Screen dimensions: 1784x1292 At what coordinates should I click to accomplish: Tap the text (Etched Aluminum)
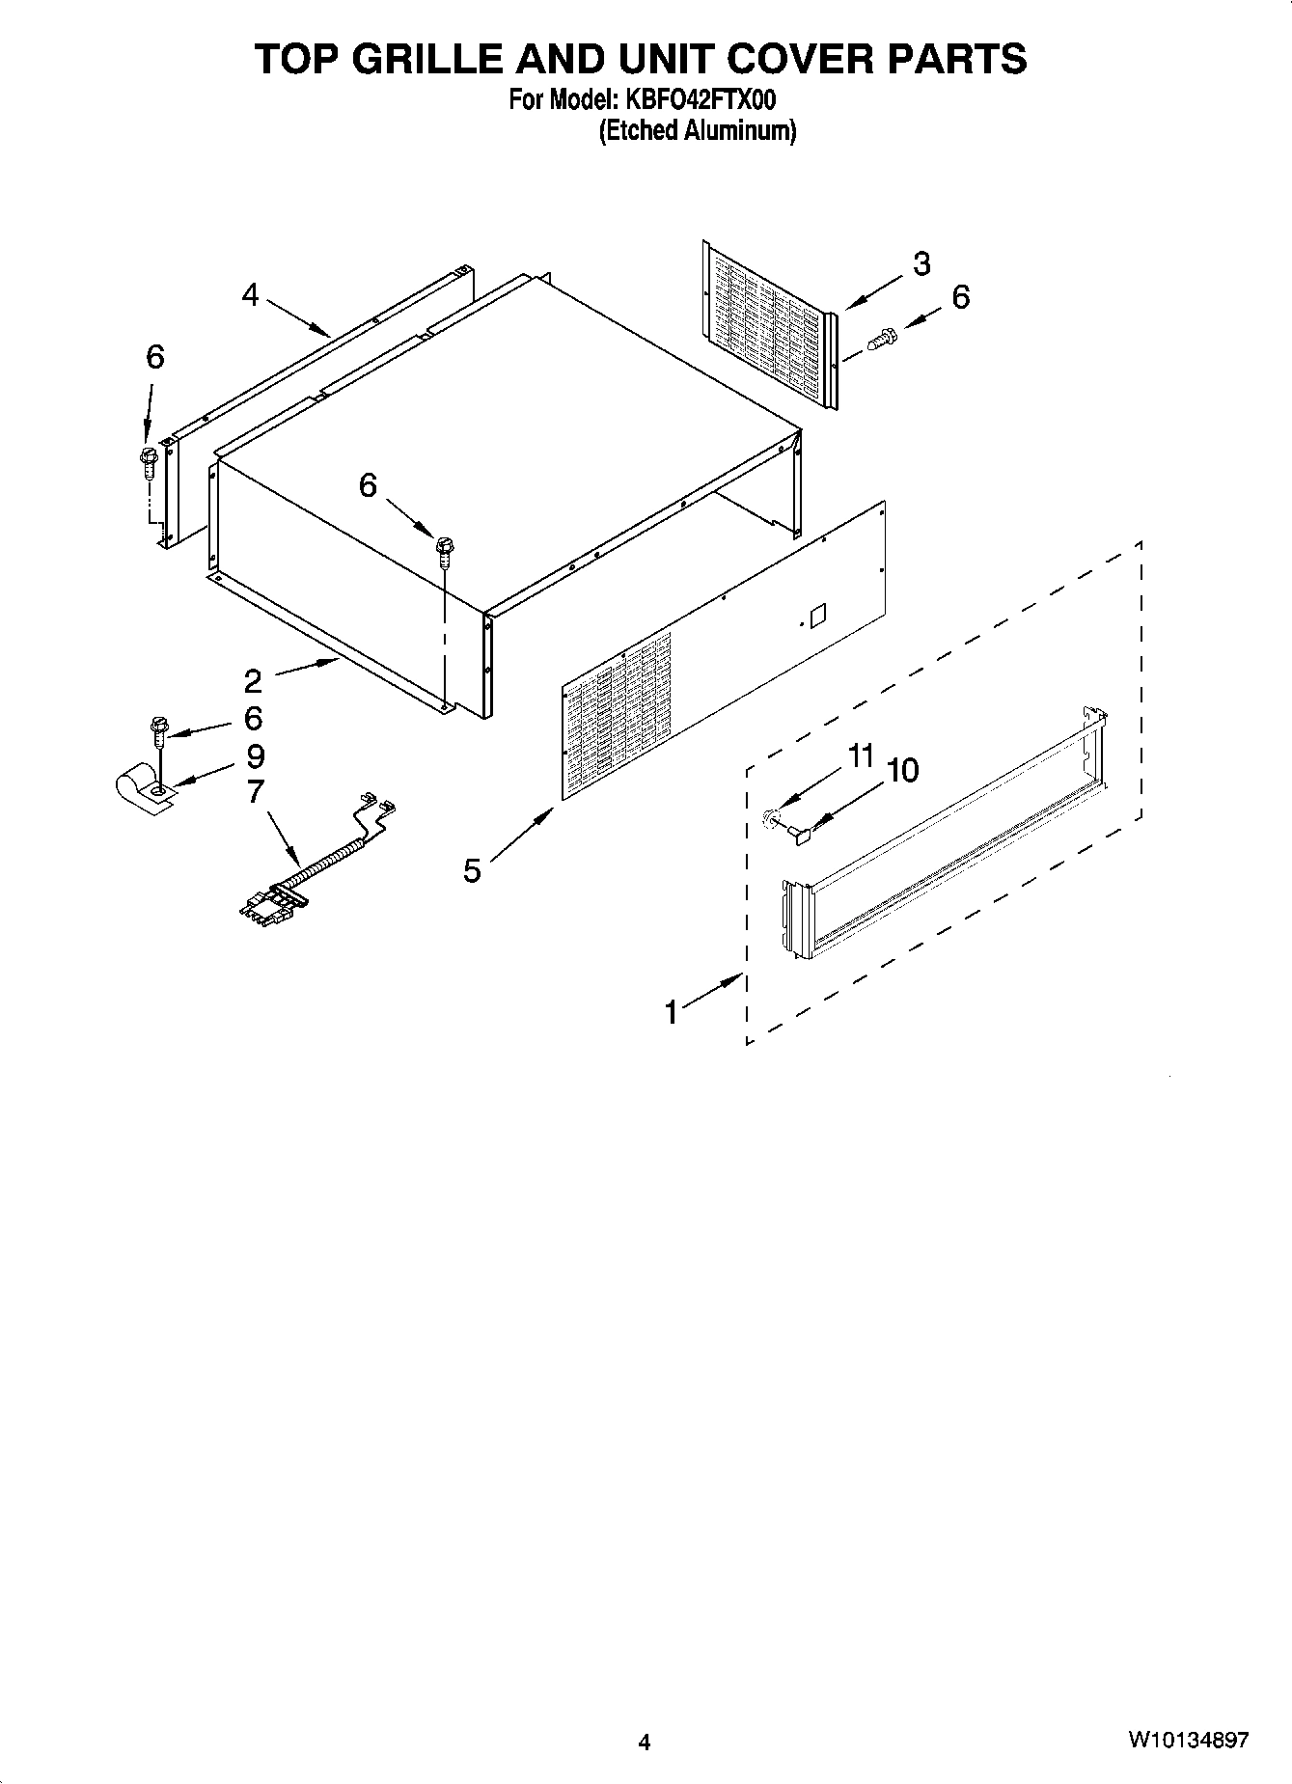pyautogui.click(x=697, y=131)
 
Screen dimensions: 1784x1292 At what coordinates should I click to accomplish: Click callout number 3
pyautogui.click(x=921, y=263)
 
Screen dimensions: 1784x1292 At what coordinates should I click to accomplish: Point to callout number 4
pyautogui.click(x=251, y=294)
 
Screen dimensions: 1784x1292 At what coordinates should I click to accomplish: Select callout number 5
pyautogui.click(x=472, y=870)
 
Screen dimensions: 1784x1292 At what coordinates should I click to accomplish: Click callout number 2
pyautogui.click(x=253, y=681)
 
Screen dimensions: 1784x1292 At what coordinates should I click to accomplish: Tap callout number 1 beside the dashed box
pyautogui.click(x=673, y=1012)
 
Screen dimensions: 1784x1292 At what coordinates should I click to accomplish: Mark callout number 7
pyautogui.click(x=255, y=791)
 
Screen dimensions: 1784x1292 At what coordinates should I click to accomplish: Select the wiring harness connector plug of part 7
pyautogui.click(x=273, y=903)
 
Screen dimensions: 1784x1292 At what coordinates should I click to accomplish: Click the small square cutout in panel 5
pyautogui.click(x=817, y=615)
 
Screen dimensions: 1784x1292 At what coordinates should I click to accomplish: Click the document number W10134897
pyautogui.click(x=1188, y=1741)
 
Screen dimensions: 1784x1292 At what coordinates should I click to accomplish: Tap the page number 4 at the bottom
pyautogui.click(x=645, y=1742)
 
